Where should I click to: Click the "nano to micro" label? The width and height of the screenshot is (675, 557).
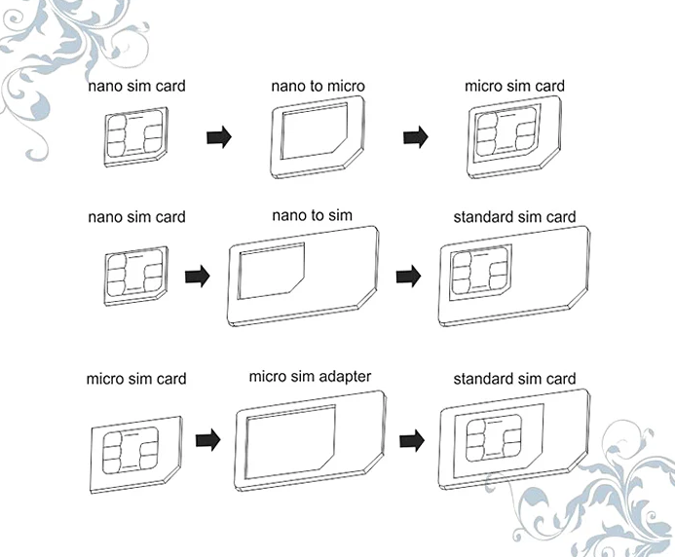318,87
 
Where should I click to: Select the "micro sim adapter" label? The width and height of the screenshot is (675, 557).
310,376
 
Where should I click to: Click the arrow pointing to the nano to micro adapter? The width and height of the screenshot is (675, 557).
219,137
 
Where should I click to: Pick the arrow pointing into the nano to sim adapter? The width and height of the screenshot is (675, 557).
198,277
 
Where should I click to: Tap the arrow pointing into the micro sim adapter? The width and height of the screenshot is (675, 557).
206,441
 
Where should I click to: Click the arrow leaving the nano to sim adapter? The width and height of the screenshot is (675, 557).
409,277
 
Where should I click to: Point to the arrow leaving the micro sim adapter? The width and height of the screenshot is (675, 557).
412,441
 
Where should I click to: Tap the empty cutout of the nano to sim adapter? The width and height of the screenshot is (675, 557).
270,272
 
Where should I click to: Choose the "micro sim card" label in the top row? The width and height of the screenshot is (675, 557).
514,86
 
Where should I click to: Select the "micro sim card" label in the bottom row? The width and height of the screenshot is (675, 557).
136,378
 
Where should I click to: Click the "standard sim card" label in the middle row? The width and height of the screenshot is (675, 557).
514,216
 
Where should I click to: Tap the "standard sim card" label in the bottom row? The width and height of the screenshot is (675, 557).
514,378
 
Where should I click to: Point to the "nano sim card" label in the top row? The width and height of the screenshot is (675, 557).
136,86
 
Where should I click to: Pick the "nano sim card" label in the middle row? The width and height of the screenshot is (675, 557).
136,216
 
